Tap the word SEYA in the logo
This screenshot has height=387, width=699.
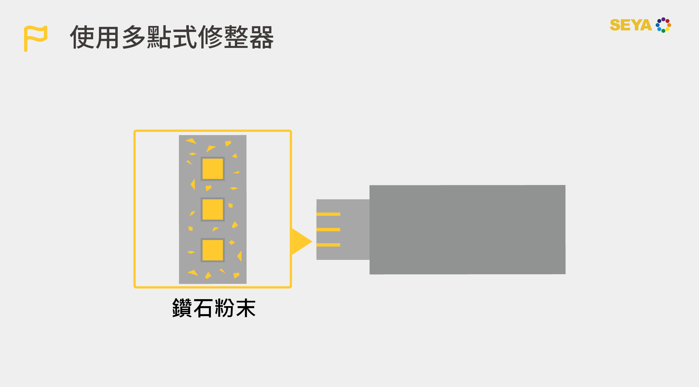coord(630,25)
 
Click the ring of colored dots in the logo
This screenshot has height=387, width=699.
coord(663,25)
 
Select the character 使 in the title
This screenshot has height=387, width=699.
coord(82,37)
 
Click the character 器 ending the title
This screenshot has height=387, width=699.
coord(262,37)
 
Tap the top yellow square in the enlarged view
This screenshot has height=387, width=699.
coord(213,169)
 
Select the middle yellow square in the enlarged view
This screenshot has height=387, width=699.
coord(213,209)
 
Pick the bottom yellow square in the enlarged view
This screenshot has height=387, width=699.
coord(213,250)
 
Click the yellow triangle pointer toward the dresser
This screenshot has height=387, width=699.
coord(301,242)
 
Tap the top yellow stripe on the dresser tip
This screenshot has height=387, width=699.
coord(328,214)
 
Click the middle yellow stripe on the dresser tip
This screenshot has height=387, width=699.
coord(328,230)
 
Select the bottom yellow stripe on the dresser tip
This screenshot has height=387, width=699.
coord(328,245)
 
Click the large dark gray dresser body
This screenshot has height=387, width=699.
coord(467,230)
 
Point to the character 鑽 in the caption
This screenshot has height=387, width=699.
coord(182,308)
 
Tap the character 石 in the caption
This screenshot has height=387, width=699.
coord(203,308)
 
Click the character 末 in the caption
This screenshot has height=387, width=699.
coord(246,308)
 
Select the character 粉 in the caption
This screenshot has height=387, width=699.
coord(224,308)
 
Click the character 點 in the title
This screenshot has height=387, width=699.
coord(159,37)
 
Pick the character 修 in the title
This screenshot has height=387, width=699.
coord(211,37)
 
